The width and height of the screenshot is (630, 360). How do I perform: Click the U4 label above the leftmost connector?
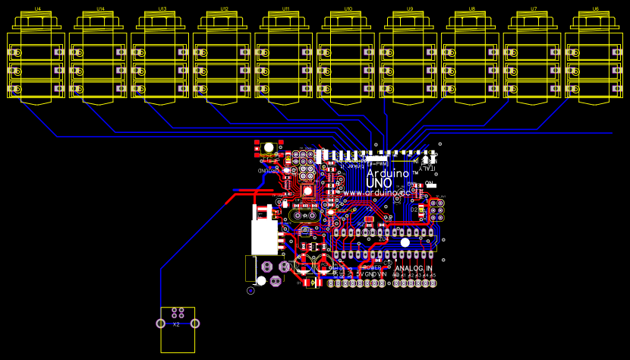pyautogui.click(x=38, y=8)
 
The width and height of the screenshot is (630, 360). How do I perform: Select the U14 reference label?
pyautogui.click(x=100, y=8)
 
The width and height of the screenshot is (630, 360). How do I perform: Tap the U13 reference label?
pyautogui.click(x=162, y=8)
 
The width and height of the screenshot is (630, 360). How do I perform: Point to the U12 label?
pyautogui.click(x=224, y=8)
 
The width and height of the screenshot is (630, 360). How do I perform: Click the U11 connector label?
pyautogui.click(x=286, y=8)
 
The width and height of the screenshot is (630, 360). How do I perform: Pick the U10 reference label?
pyautogui.click(x=348, y=8)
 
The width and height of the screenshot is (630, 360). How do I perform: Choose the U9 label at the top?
pyautogui.click(x=410, y=8)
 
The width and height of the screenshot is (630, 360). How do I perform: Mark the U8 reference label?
pyautogui.click(x=472, y=8)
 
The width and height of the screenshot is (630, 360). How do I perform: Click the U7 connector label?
pyautogui.click(x=534, y=8)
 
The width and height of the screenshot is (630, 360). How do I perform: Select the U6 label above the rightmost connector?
pyautogui.click(x=595, y=8)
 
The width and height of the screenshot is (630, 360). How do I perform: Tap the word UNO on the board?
pyautogui.click(x=380, y=183)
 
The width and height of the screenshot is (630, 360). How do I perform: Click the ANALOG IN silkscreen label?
pyautogui.click(x=414, y=268)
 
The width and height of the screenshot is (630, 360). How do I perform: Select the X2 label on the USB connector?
pyautogui.click(x=177, y=324)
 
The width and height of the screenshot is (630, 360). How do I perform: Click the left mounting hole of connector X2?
pyautogui.click(x=160, y=324)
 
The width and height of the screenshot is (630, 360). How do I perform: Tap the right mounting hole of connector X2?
pyautogui.click(x=195, y=324)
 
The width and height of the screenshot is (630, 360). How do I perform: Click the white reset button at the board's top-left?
pyautogui.click(x=269, y=147)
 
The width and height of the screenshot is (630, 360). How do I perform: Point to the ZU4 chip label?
pyautogui.click(x=384, y=238)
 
